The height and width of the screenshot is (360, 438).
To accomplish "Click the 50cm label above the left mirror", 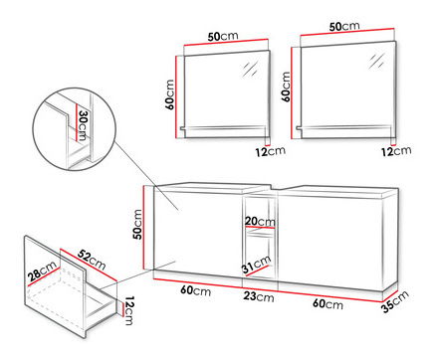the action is tap(223, 36).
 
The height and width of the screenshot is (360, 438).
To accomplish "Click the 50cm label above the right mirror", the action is tap(344, 26).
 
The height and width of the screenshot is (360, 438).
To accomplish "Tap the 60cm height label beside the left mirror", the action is tap(169, 94).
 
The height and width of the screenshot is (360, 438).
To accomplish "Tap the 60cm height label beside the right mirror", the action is tap(286, 87).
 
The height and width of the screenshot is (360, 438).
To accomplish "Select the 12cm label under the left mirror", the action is tap(270, 151).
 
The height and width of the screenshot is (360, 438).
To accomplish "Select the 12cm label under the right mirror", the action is tap(396, 151).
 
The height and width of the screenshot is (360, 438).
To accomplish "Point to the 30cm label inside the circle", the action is tap(82, 125).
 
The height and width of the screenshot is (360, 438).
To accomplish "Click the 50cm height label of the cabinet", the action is tap(137, 225).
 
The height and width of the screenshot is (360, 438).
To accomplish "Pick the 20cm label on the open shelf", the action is tap(260, 222).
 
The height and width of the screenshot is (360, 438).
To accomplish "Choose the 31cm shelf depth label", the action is tap(257, 265).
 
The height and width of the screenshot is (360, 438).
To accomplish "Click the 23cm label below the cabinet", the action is tap(259, 296).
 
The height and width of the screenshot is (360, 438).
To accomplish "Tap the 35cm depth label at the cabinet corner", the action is tap(395, 301).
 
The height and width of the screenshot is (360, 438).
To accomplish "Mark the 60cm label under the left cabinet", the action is tap(196, 290).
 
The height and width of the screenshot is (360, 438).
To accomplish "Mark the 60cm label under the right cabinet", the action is tap(328, 303).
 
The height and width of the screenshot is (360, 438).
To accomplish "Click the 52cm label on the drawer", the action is tap(92, 260).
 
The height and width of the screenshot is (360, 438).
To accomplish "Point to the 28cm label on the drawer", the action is tap(42, 270).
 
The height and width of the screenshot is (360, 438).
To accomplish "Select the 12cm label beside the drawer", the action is tap(128, 310).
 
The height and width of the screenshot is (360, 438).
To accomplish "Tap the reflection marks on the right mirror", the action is tap(376, 62).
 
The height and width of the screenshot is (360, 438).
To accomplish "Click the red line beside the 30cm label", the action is tap(77, 122).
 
